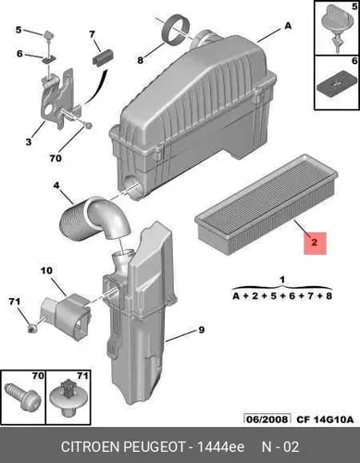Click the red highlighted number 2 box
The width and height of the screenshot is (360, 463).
pyautogui.click(x=315, y=244)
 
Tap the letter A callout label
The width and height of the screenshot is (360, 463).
pyautogui.click(x=288, y=26)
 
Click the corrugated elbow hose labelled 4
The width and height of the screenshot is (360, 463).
pyautogui.click(x=94, y=220)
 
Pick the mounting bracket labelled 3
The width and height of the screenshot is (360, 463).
pyautogui.click(x=57, y=98)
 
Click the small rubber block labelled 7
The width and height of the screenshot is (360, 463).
pyautogui.click(x=103, y=56)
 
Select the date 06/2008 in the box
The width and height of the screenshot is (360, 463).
pyautogui.click(x=267, y=419)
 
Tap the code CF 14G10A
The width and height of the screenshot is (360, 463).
pyautogui.click(x=325, y=419)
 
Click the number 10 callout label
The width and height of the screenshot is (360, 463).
pyautogui.click(x=46, y=271)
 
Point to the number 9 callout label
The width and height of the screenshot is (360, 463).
pyautogui.click(x=201, y=330)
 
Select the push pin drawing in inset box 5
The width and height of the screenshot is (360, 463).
pyautogui.click(x=336, y=27)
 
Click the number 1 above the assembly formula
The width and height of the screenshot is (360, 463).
pyautogui.click(x=282, y=280)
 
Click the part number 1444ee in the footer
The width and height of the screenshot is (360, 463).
pyautogui.click(x=220, y=447)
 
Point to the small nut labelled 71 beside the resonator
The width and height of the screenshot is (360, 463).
pyautogui.click(x=31, y=328)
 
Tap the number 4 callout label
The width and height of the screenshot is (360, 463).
pyautogui.click(x=56, y=186)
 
